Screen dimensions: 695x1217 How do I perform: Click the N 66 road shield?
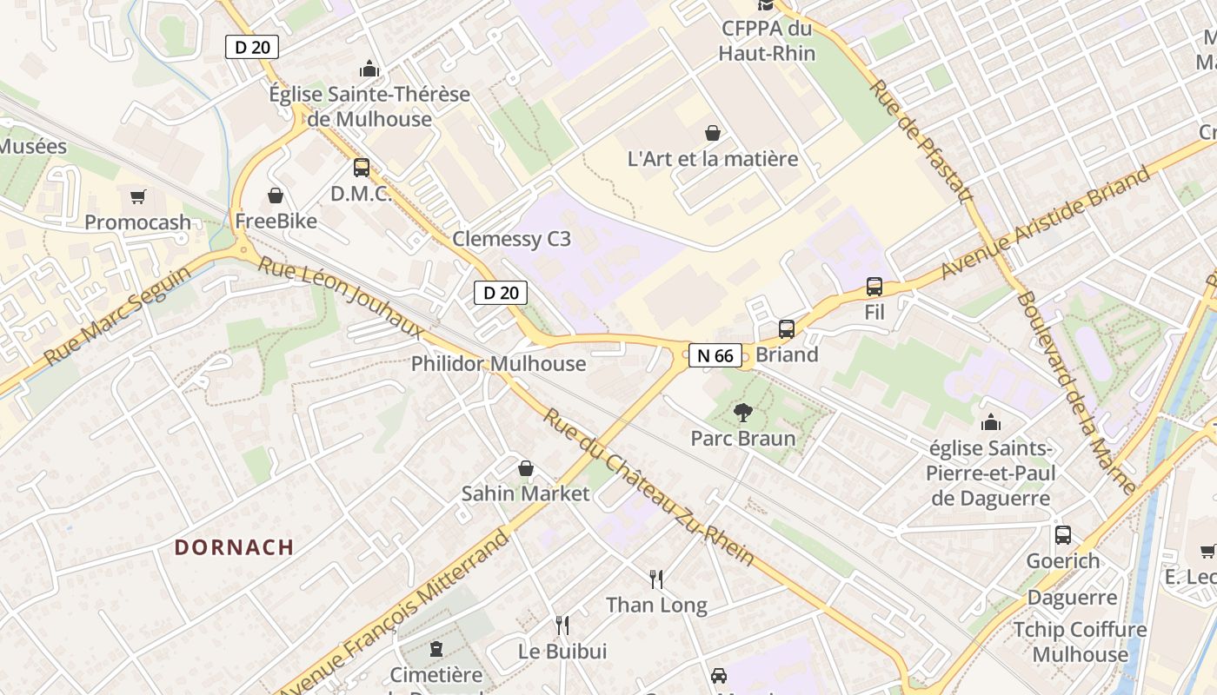coord(715,354)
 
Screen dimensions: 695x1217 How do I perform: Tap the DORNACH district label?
coord(234,547)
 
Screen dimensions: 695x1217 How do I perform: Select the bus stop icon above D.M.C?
coord(361,168)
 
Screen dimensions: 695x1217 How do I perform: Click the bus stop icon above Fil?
coord(875,287)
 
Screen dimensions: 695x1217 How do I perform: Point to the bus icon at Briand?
coord(787,328)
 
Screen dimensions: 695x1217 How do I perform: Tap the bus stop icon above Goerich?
coord(1062,535)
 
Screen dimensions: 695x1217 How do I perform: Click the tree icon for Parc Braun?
coord(742,413)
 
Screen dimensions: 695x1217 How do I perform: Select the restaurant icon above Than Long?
coord(656,579)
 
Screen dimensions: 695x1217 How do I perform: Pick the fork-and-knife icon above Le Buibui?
coord(562,625)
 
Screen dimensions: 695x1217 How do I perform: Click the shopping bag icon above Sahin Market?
coord(525,469)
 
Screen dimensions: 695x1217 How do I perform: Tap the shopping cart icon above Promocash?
coord(137,197)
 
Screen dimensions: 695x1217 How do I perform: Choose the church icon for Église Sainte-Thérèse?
coord(369,69)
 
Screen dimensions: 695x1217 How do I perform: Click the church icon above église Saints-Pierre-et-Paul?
coord(990,423)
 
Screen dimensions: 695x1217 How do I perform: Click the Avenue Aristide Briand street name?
coord(1045,223)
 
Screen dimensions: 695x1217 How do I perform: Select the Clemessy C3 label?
coord(511,239)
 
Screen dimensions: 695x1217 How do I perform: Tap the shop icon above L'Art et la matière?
coord(712,133)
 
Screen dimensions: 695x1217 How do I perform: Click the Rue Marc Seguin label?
coord(117,315)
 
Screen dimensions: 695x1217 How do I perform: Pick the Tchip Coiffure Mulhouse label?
coord(1080,641)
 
